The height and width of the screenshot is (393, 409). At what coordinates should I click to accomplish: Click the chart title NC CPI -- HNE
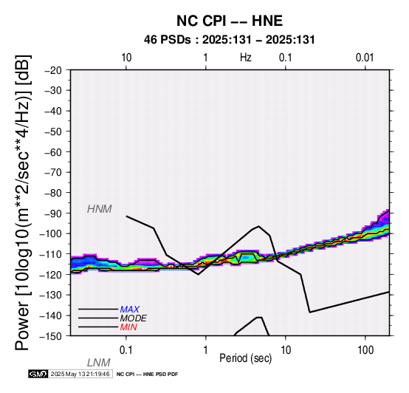[x=230, y=21]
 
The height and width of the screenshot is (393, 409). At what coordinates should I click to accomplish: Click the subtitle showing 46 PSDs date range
[x=230, y=40]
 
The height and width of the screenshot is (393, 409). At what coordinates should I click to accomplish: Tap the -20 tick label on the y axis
[x=53, y=70]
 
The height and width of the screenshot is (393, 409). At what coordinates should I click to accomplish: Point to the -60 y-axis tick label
[x=53, y=152]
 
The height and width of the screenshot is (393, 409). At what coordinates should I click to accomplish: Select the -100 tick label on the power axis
[x=51, y=233]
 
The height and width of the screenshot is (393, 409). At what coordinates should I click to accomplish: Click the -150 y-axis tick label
[x=51, y=336]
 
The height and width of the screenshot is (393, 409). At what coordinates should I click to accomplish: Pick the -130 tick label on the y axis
[x=51, y=295]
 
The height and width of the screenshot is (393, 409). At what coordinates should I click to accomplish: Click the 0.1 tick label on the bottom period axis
[x=126, y=350]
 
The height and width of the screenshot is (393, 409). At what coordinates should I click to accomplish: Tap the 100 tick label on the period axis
[x=365, y=350]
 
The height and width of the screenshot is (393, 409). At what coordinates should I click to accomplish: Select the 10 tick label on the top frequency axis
[x=126, y=58]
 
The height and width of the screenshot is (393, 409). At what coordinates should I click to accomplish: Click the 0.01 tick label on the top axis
[x=365, y=58]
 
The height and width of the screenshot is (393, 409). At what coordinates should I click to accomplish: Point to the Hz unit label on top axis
[x=246, y=58]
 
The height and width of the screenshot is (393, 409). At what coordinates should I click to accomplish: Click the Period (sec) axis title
[x=246, y=358]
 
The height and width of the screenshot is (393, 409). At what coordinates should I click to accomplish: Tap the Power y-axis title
[x=22, y=202]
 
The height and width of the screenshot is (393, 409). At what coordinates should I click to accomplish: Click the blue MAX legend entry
[x=130, y=310]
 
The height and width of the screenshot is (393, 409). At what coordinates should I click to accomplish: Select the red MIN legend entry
[x=128, y=327]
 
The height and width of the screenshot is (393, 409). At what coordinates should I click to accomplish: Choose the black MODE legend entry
[x=134, y=318]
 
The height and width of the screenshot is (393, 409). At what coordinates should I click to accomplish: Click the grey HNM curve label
[x=100, y=209]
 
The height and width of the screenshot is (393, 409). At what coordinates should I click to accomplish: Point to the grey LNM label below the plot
[x=99, y=363]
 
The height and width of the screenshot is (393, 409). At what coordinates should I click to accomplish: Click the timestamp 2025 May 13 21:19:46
[x=80, y=374]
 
